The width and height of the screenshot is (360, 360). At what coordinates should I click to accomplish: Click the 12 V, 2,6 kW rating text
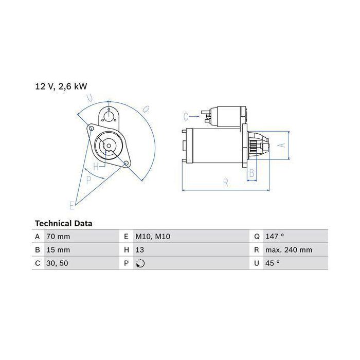[x=61, y=86]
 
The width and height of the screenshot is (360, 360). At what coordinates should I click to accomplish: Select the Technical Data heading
[x=64, y=223]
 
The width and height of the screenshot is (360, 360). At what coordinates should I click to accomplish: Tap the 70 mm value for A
[x=58, y=237]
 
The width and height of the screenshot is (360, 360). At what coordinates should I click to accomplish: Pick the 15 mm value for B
[x=58, y=250]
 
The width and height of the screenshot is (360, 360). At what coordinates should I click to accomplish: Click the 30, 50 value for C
[x=57, y=263]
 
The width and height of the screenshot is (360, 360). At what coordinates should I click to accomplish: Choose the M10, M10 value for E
[x=153, y=237]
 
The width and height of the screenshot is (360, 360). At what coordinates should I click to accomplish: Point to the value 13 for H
[x=139, y=250]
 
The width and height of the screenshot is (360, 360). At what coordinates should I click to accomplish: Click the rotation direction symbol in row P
[x=140, y=263]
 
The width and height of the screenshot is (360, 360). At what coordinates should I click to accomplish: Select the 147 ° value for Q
[x=275, y=236]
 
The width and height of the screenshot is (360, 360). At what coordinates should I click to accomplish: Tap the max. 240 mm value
[x=289, y=250]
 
